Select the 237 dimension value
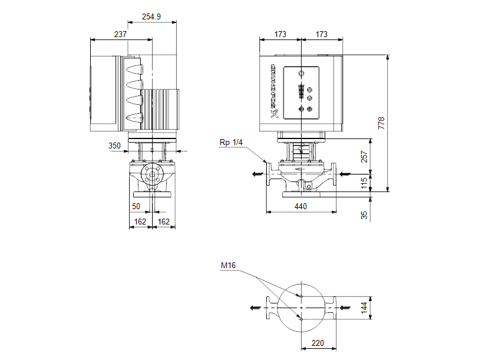click(120, 35)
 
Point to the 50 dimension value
click(136, 206)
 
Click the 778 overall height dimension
click(381, 123)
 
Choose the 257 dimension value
click(364, 157)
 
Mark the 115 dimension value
click(364, 183)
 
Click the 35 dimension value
click(364, 215)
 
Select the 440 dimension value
click(301, 206)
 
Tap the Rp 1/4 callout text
click(232, 143)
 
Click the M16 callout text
click(228, 266)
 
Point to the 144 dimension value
click(364, 308)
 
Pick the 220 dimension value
click(318, 342)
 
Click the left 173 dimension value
click(280, 35)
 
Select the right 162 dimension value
click(164, 222)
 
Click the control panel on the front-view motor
click(302, 91)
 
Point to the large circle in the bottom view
click(301, 308)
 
